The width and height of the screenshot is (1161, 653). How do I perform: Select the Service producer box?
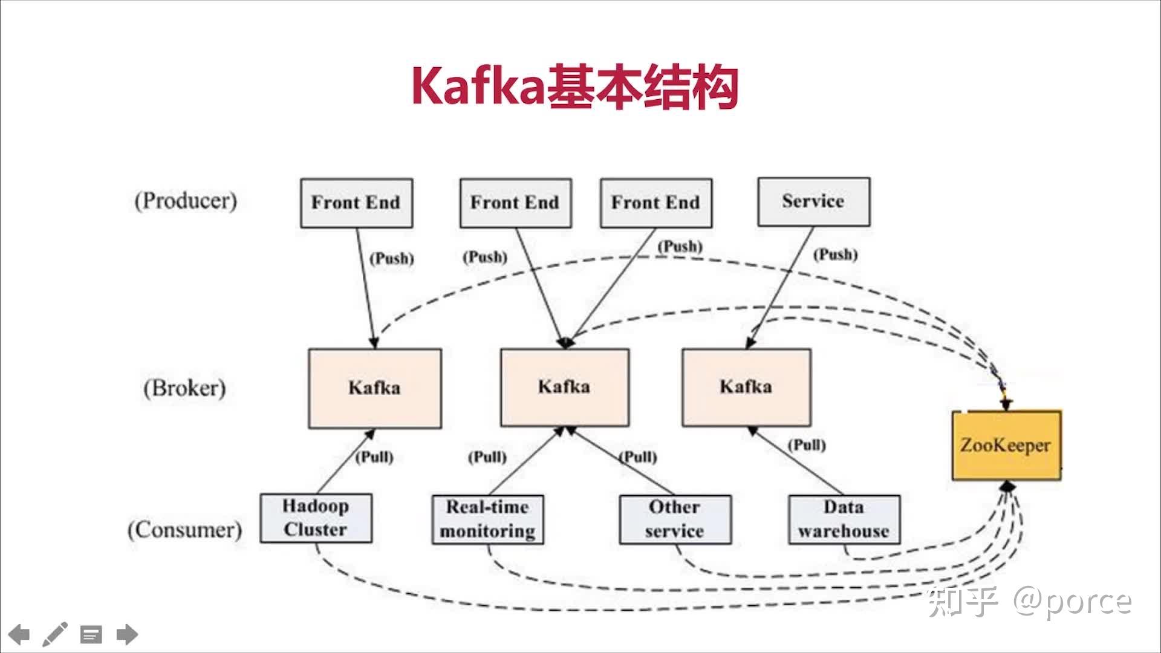pos(814,202)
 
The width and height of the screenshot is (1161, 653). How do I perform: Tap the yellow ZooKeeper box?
pos(1006,446)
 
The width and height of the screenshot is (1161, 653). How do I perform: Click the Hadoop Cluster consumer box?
pos(316,518)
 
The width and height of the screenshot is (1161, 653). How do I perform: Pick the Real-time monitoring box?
pos(487,519)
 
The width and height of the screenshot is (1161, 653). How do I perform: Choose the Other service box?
pos(675,519)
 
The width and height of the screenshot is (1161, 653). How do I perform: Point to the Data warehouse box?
pos(844,519)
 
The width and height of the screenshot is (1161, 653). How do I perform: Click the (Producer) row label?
pos(186,201)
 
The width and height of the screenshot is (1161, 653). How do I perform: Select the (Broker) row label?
pos(184,388)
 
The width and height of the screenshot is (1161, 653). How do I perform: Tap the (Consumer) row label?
pos(184,530)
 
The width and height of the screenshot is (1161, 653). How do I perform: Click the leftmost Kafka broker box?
pos(375,388)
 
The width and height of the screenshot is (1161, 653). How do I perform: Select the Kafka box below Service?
pos(746,387)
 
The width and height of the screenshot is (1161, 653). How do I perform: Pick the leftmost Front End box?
pos(356,203)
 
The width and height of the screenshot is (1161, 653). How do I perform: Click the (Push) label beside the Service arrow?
pos(835,255)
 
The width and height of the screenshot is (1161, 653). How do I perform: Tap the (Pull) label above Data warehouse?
pos(807,446)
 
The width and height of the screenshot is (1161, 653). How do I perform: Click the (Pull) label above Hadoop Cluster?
pos(374,457)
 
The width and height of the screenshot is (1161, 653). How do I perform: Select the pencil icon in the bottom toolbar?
pos(54,634)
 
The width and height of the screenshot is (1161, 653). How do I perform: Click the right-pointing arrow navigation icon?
pos(127,634)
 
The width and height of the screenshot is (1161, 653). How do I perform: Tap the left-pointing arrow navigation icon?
pos(19,634)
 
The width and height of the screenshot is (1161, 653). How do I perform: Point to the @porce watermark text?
pos(1072,601)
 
